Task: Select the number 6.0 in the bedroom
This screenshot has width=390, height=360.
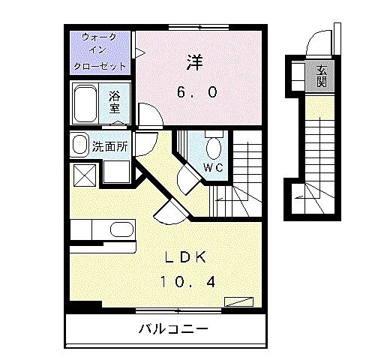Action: point(197,91)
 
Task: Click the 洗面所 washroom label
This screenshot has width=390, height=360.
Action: point(109,146)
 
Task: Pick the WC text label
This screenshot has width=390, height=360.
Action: point(214,168)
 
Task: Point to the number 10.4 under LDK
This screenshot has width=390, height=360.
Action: point(188,283)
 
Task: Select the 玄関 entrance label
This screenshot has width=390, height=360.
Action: point(321,76)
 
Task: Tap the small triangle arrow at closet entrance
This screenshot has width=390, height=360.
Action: point(139,52)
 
